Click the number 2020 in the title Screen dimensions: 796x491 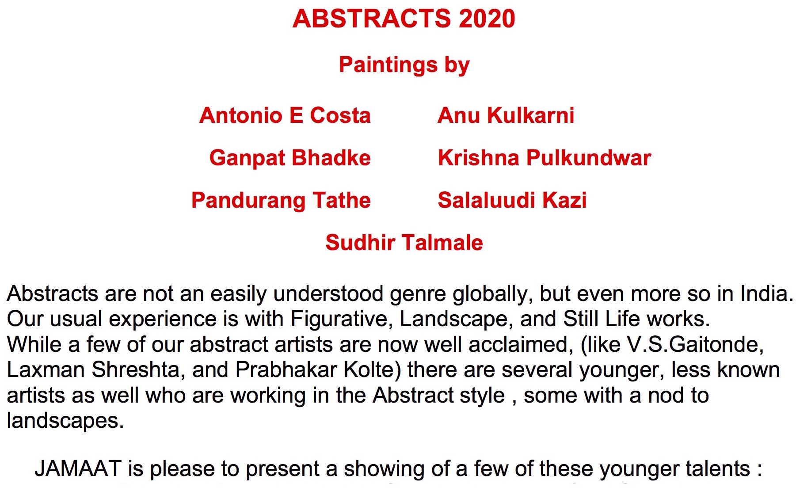[x=487, y=19]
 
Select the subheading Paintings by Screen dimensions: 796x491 [x=404, y=65]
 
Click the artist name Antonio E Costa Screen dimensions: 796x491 [x=285, y=115]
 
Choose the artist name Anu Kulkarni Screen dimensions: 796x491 [x=506, y=115]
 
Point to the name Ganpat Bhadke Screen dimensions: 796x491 [x=290, y=158]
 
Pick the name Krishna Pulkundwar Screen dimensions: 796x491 [x=545, y=158]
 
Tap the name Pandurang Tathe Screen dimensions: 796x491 [x=281, y=201]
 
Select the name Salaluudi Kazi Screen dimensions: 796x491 [x=512, y=200]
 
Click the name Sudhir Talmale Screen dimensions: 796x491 [x=404, y=243]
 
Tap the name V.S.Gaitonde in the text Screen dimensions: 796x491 [x=693, y=345]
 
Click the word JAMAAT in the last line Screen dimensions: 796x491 [x=78, y=469]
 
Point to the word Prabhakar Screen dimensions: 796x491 [x=286, y=370]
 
